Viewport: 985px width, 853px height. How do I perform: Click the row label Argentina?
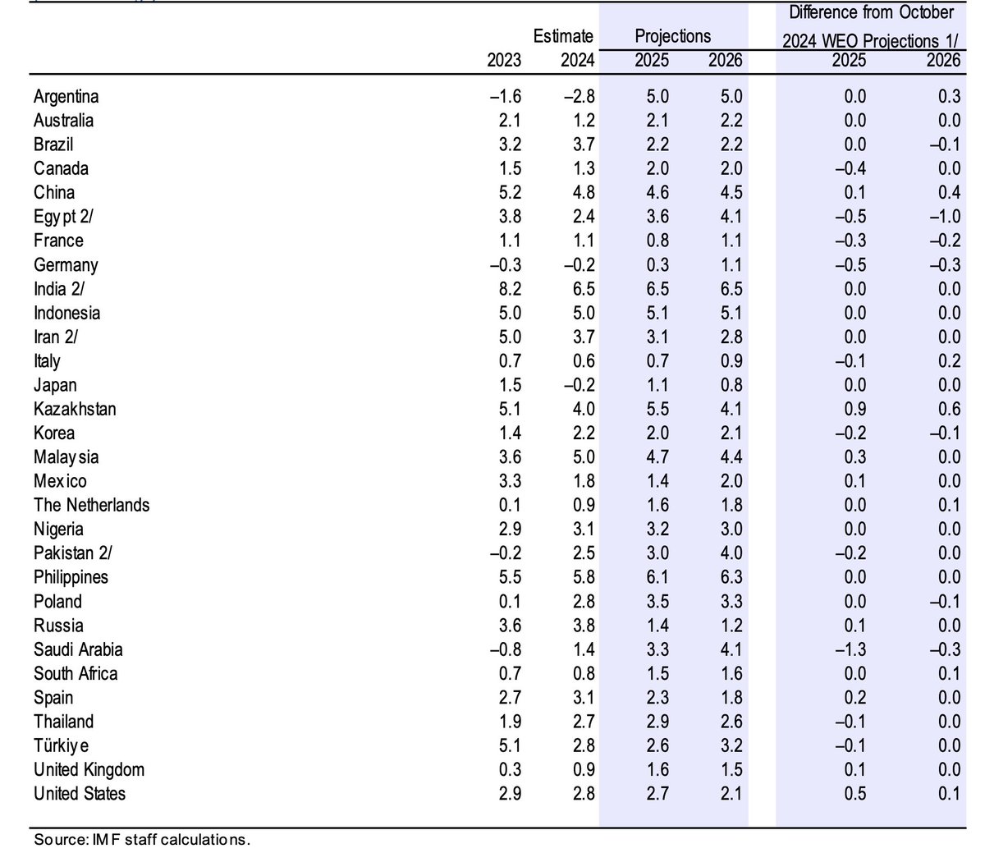coord(66,97)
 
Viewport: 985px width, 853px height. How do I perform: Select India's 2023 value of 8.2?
coord(506,289)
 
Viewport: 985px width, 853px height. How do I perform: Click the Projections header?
coord(673,36)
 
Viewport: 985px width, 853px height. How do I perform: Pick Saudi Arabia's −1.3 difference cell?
coord(850,649)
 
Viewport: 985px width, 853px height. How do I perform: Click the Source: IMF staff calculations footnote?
coord(141,840)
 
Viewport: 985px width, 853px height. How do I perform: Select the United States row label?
coord(80,794)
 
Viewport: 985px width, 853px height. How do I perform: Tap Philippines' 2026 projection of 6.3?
coord(728,577)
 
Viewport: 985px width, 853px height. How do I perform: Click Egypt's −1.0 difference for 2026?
coord(943,217)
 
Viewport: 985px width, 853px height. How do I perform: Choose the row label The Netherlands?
coord(91,505)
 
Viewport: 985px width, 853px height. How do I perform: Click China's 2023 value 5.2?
coord(506,193)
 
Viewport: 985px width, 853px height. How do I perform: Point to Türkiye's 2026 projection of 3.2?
coord(728,745)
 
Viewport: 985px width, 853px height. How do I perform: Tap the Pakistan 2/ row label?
coord(74,553)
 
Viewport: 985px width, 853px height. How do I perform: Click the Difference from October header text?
coord(871,13)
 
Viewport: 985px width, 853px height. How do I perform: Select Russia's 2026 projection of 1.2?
coord(728,626)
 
